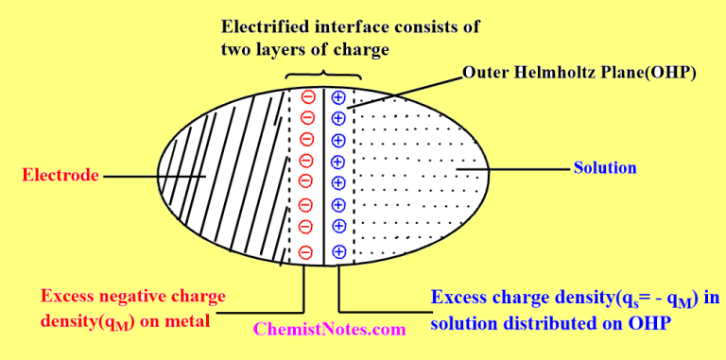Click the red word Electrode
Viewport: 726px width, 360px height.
point(59,175)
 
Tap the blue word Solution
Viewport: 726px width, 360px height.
point(605,168)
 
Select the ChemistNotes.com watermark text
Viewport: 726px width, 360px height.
point(330,330)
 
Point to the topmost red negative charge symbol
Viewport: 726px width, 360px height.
point(307,96)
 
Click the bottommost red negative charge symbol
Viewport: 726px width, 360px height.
point(306,252)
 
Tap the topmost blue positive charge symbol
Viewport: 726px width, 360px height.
point(337,96)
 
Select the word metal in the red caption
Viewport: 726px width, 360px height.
point(190,320)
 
